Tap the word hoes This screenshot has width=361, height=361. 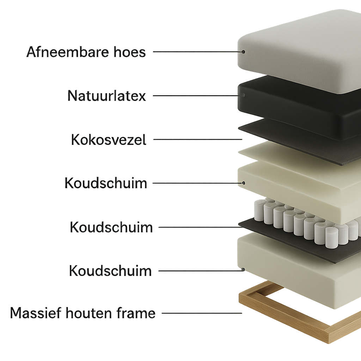point(130,52)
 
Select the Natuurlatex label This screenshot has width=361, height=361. point(107,96)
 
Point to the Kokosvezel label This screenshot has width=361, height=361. point(109,140)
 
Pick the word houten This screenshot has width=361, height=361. point(89,313)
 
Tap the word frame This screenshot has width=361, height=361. point(136,313)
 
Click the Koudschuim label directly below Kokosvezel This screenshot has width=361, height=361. point(106,183)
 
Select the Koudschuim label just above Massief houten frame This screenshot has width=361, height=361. point(110,271)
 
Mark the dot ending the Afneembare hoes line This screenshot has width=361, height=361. point(243,52)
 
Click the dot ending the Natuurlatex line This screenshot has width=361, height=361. point(243,95)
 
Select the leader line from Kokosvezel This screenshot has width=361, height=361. point(198,139)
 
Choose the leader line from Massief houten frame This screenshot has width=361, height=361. point(202,313)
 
